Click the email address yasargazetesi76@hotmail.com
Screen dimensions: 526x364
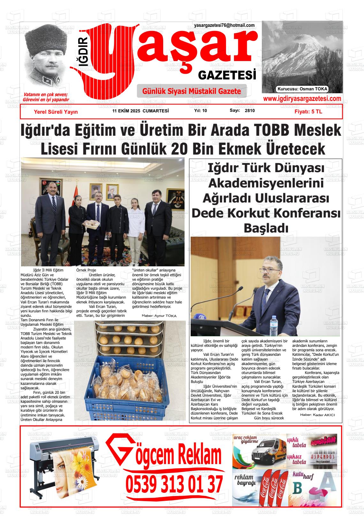[224, 26]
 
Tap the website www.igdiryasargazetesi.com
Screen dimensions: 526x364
[302, 99]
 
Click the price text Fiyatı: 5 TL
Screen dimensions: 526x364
[308, 112]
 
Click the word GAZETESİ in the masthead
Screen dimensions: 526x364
[227, 75]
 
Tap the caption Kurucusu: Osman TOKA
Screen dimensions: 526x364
[302, 89]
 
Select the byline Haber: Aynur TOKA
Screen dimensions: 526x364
[159, 316]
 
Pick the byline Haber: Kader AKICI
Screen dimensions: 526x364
[317, 415]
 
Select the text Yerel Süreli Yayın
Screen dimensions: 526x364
[56, 112]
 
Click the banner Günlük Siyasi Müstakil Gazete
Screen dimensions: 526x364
[192, 91]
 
